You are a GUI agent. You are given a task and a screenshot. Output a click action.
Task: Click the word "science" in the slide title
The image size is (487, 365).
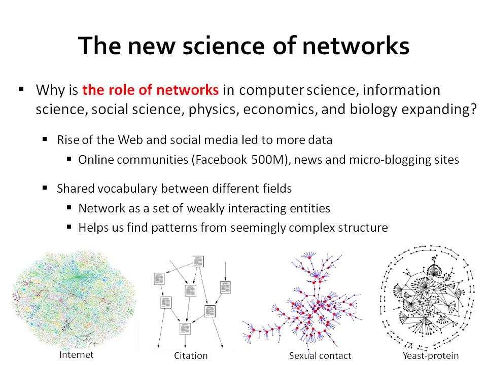(x=224, y=46)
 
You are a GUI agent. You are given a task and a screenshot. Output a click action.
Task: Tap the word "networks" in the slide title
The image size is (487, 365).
(x=356, y=46)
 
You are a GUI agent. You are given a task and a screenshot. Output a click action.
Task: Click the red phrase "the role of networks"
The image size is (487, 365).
(x=150, y=90)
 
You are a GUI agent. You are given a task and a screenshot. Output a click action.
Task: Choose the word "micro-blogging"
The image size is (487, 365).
(x=387, y=160)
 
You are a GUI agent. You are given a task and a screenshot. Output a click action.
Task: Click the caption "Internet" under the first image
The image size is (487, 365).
(x=77, y=355)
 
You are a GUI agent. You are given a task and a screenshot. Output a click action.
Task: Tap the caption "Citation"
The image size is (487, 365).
(x=191, y=356)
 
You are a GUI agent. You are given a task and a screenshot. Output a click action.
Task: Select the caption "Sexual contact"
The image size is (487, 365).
(x=320, y=356)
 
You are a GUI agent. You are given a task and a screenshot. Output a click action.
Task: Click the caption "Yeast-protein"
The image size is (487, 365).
(x=431, y=356)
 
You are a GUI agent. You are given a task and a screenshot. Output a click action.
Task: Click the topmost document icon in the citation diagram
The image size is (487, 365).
(x=198, y=262)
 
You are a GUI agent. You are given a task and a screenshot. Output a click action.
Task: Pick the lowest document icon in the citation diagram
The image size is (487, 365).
(x=185, y=328)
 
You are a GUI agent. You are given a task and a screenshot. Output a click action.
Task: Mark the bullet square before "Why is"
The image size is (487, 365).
(x=21, y=89)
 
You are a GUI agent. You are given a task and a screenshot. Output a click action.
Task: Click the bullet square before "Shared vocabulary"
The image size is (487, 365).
(x=45, y=188)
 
